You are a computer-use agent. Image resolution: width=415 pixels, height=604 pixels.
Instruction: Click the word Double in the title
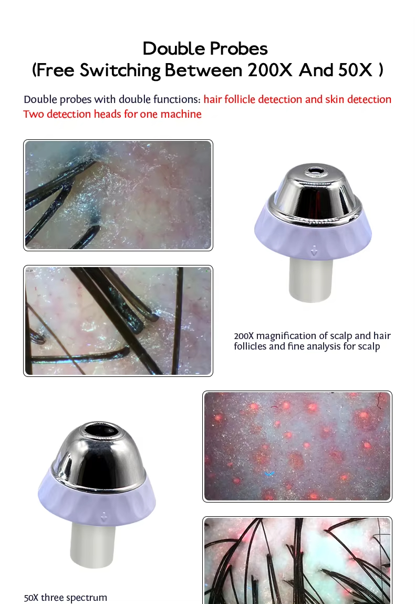pyautogui.click(x=172, y=48)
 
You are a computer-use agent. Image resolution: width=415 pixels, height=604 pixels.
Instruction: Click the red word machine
pyautogui.click(x=181, y=114)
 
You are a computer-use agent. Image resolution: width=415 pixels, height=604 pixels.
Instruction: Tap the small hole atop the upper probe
pyautogui.click(x=316, y=170)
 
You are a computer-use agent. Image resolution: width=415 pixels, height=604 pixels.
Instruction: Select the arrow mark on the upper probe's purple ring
pyautogui.click(x=314, y=252)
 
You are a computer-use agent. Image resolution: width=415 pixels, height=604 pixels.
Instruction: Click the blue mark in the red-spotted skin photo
pyautogui.click(x=269, y=474)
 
